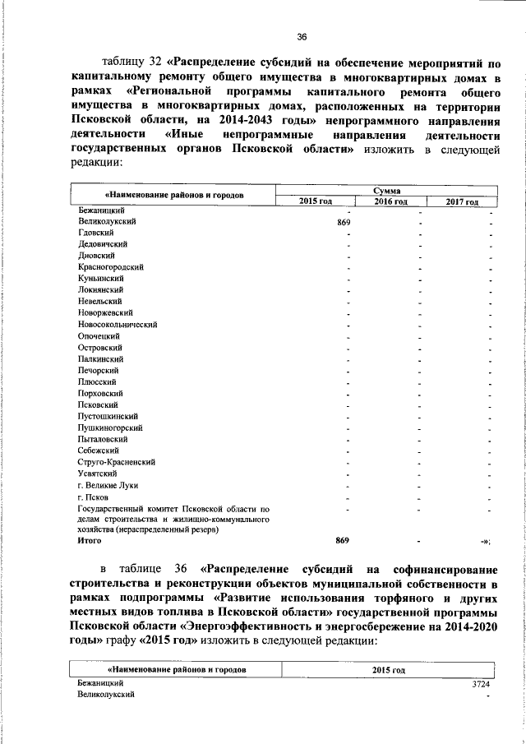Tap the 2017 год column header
click(462, 201)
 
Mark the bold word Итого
click(89, 541)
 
